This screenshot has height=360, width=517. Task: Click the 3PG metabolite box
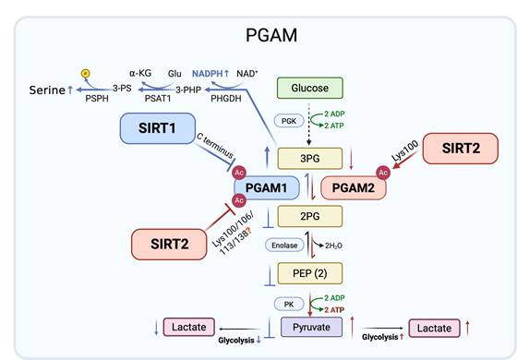310,158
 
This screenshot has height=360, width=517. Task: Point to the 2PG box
310,218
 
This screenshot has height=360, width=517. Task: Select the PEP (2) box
310,273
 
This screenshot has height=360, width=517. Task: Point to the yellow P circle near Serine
86,71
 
